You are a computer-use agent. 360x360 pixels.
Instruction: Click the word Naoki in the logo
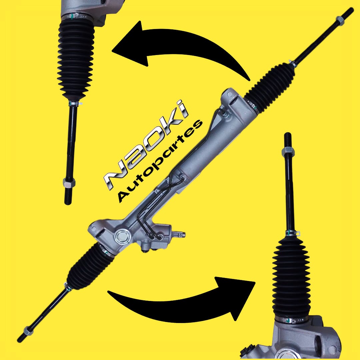pyautogui.click(x=146, y=145)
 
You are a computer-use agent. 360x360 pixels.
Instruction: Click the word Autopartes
pyautogui.click(x=160, y=161)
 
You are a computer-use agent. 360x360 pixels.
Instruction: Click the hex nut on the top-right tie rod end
pyautogui.click(x=340, y=20)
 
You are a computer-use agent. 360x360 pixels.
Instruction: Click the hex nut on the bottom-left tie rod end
pyautogui.click(x=28, y=331)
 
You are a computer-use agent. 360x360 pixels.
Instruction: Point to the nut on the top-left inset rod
pyautogui.click(x=69, y=183)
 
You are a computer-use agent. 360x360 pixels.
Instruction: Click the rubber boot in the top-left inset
pyautogui.click(x=76, y=60)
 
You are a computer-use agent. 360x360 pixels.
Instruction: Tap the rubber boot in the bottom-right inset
pyautogui.click(x=291, y=278)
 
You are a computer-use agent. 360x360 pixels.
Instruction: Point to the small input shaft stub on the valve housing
pyautogui.click(x=179, y=234)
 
